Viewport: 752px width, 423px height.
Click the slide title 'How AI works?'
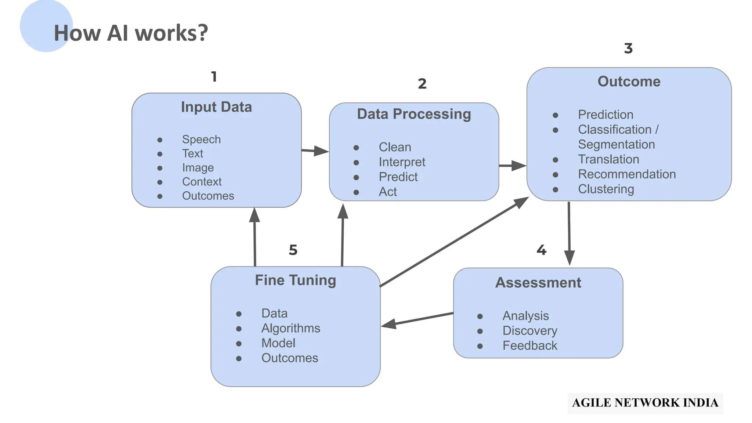tap(131, 33)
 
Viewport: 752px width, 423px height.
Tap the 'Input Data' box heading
tap(216, 107)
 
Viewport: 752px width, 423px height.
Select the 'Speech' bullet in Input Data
tap(201, 140)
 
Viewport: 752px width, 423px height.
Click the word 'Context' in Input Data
tap(202, 182)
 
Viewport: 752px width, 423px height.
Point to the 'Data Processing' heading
tap(414, 114)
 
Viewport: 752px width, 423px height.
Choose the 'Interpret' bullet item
tap(402, 162)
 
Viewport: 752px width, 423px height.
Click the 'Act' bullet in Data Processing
tap(387, 192)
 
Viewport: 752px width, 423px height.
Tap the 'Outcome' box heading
tap(629, 82)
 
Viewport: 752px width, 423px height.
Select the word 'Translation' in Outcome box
tap(608, 159)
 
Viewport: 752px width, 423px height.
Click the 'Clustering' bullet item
tap(606, 189)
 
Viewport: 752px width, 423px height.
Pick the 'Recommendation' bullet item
tap(626, 174)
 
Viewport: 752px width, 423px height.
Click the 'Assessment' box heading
tap(538, 283)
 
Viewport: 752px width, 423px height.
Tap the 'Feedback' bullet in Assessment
tap(529, 346)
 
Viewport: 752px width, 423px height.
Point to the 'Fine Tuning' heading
tap(295, 280)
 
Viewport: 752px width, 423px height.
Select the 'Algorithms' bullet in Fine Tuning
tap(290, 328)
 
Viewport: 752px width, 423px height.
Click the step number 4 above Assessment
tap(541, 250)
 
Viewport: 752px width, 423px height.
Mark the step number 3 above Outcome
tap(628, 48)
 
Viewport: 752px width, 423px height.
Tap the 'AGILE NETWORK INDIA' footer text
tap(645, 403)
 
